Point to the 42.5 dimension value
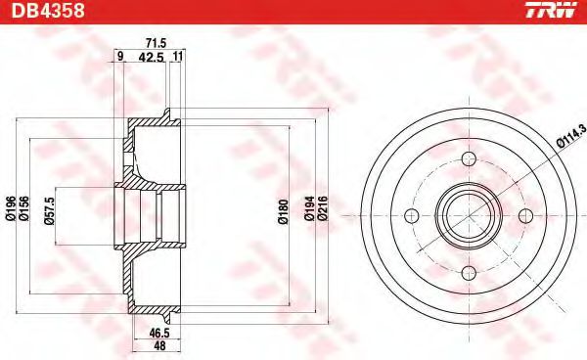pyautogui.click(x=149, y=58)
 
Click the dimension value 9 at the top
pyautogui.click(x=119, y=58)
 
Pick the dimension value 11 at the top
pyautogui.click(x=176, y=58)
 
